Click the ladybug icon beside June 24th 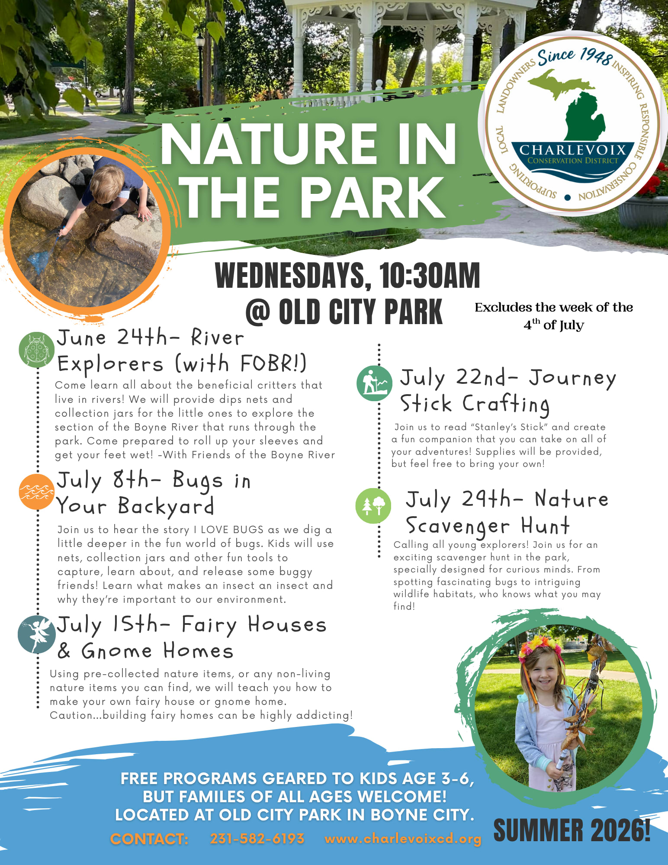(x=37, y=350)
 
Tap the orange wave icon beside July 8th (x=37, y=492)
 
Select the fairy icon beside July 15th (x=37, y=634)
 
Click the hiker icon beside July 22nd (x=374, y=383)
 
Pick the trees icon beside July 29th (x=373, y=505)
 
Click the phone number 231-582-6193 (x=257, y=839)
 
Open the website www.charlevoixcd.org (x=403, y=839)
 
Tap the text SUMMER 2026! (x=572, y=830)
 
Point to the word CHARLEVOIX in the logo (x=573, y=150)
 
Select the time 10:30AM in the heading (x=430, y=275)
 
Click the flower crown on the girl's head (x=541, y=652)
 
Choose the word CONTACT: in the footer (x=149, y=839)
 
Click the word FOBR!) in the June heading (x=273, y=363)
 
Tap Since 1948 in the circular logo (x=575, y=58)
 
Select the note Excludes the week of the (x=554, y=307)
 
